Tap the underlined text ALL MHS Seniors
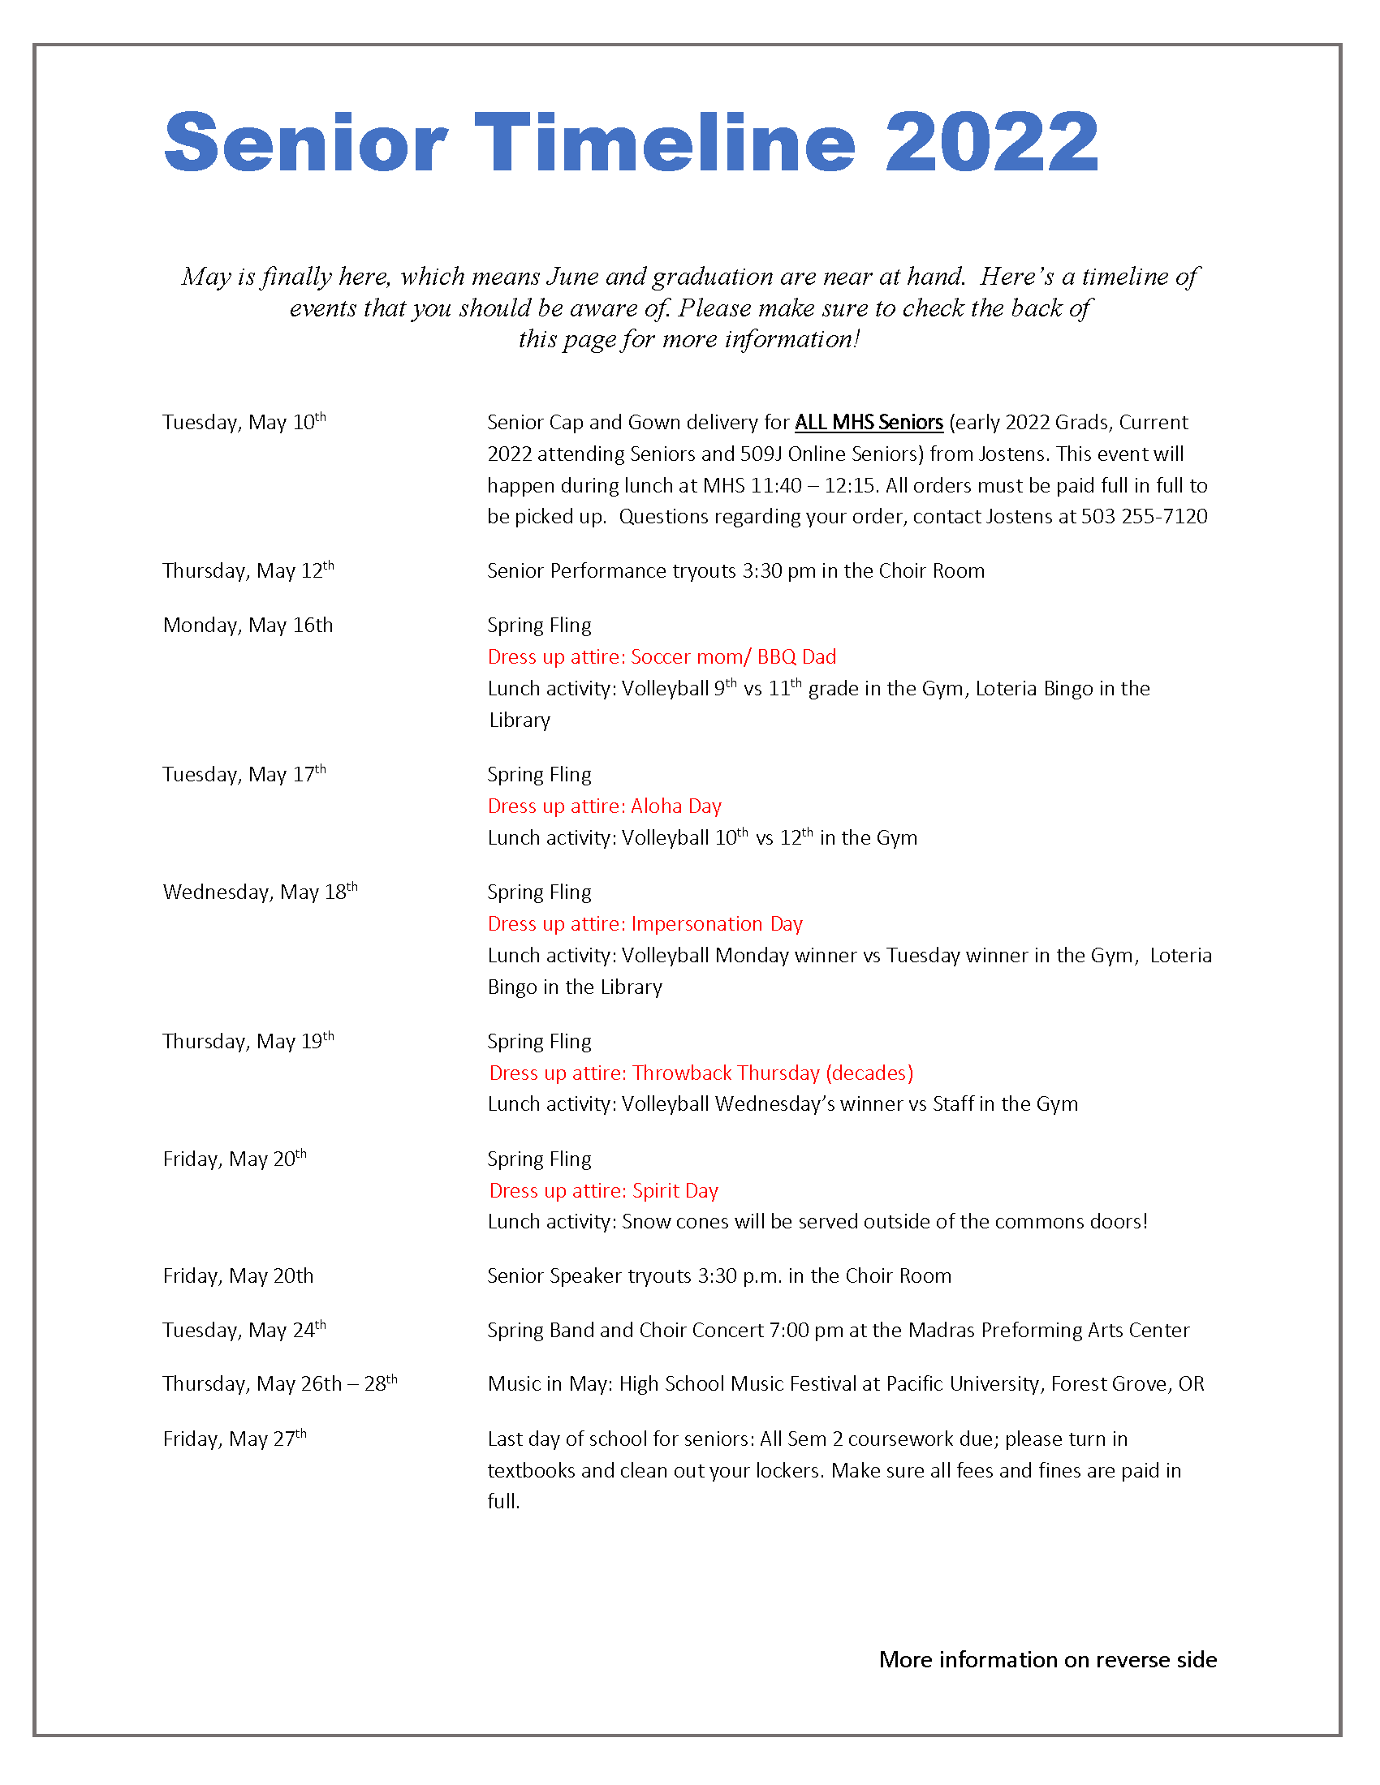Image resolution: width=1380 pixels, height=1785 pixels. pyautogui.click(x=869, y=423)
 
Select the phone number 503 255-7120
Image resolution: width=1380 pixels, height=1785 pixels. pyautogui.click(x=1144, y=517)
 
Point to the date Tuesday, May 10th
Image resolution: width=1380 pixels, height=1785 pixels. pyautogui.click(x=244, y=423)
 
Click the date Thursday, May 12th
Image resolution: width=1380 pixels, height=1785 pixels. pyautogui.click(x=248, y=570)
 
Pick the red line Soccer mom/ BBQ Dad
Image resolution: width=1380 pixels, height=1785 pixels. pyautogui.click(x=662, y=657)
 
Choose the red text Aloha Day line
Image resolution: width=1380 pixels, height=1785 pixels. pyautogui.click(x=604, y=806)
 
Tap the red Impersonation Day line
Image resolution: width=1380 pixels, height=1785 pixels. pyautogui.click(x=645, y=924)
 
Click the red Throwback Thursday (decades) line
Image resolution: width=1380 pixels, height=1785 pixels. pyautogui.click(x=701, y=1073)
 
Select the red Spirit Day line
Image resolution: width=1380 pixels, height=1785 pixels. pyautogui.click(x=603, y=1191)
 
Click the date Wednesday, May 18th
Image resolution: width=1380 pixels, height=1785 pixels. pyautogui.click(x=260, y=892)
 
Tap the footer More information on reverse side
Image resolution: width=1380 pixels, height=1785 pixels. pyautogui.click(x=1047, y=1660)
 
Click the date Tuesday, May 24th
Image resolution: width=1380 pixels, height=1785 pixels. pyautogui.click(x=244, y=1331)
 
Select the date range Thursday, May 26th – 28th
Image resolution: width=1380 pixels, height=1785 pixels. pyautogui.click(x=279, y=1384)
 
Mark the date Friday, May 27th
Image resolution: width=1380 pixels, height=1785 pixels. pyautogui.click(x=235, y=1439)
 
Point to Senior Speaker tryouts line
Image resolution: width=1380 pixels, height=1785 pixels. pyautogui.click(x=718, y=1276)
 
